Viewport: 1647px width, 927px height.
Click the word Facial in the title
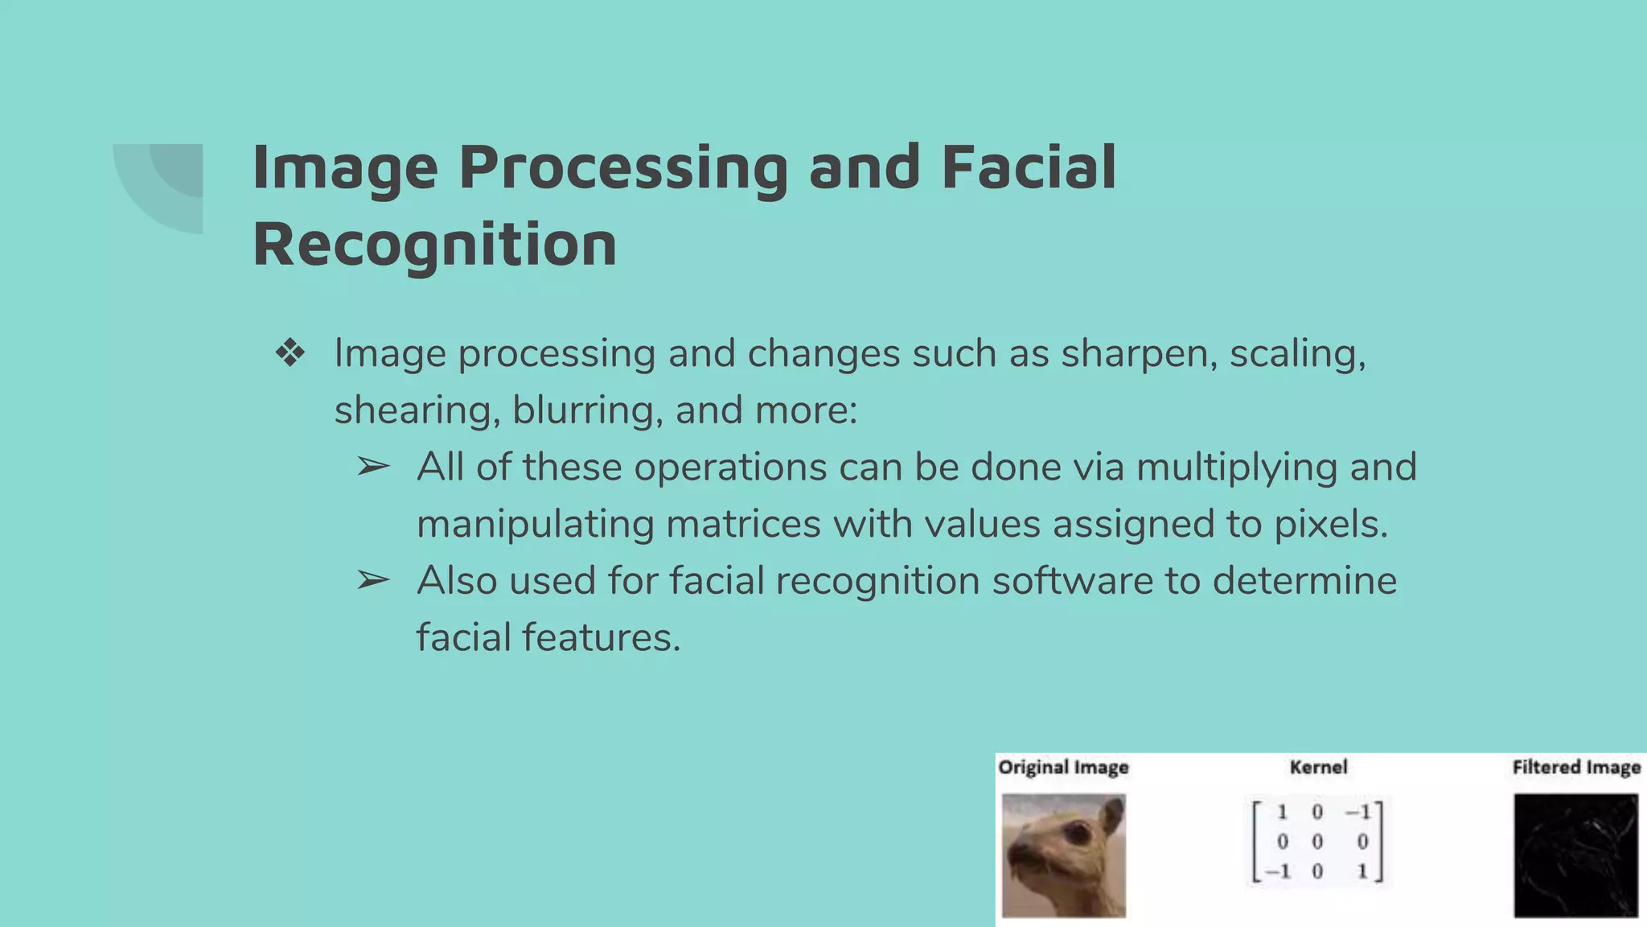(x=1029, y=167)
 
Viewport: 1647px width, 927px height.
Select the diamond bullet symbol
(x=290, y=353)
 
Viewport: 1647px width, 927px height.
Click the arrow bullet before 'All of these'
(x=373, y=467)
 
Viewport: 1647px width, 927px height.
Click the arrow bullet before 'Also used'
(x=373, y=580)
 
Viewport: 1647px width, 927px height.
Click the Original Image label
(x=1063, y=768)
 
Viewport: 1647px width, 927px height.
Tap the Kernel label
(x=1318, y=768)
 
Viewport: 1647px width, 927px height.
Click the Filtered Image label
(x=1576, y=768)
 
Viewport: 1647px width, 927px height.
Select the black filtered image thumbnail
(x=1575, y=855)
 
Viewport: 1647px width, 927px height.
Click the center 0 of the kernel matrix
(x=1317, y=842)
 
